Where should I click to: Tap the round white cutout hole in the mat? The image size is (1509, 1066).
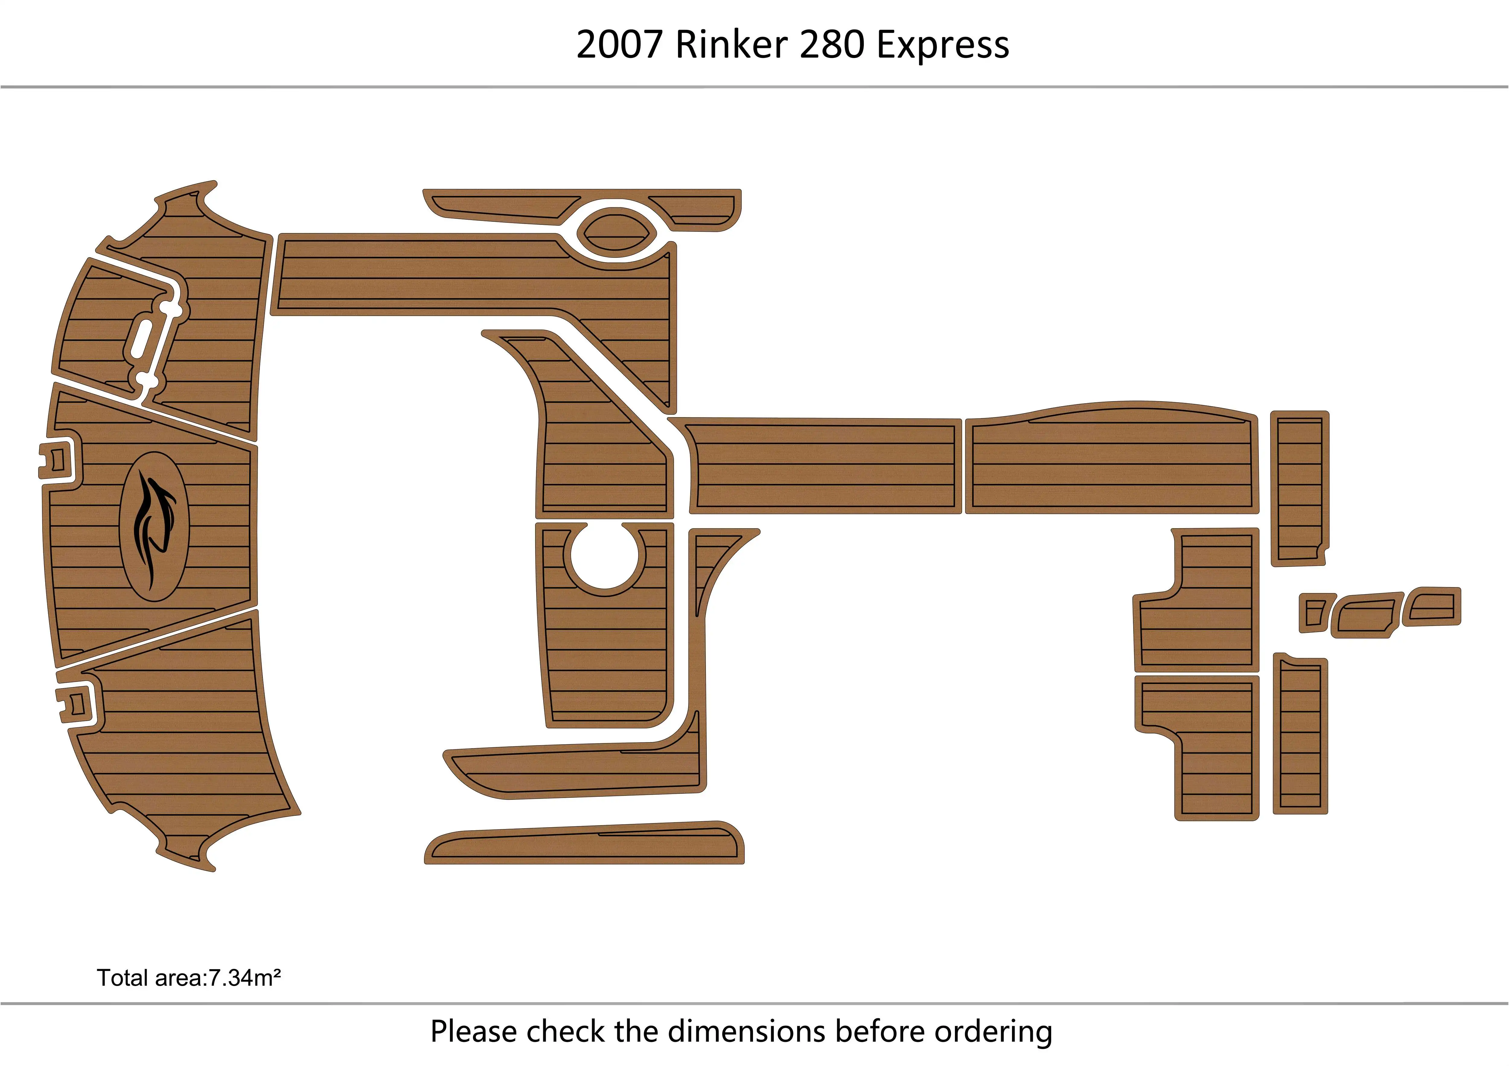click(605, 555)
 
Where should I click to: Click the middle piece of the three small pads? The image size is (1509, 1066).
click(1367, 614)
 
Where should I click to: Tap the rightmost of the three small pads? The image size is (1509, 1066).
click(1433, 606)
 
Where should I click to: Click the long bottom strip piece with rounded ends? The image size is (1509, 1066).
click(585, 844)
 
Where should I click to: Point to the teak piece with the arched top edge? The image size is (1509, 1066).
click(1111, 460)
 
